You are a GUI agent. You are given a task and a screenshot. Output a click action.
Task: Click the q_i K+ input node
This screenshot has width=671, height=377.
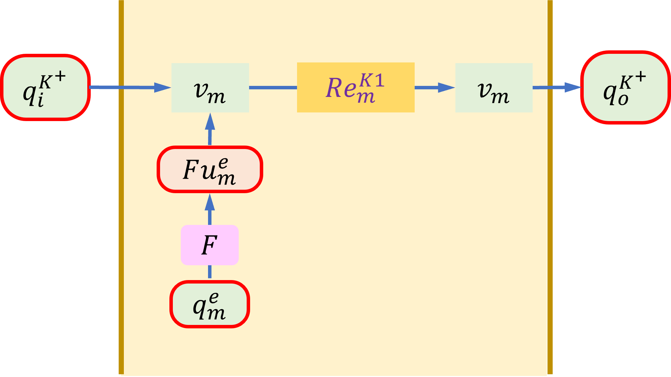[45, 87]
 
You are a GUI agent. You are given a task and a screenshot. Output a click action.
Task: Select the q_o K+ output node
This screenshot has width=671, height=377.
[625, 87]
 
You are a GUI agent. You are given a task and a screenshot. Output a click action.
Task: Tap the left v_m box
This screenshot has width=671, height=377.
[210, 88]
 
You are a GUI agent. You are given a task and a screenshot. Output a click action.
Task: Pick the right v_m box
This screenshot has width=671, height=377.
[494, 88]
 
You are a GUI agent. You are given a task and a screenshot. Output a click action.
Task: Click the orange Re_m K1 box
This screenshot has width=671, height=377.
[355, 87]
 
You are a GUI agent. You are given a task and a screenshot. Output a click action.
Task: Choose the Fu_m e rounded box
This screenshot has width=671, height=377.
[210, 169]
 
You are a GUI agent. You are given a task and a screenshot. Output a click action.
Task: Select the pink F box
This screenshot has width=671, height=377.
[209, 245]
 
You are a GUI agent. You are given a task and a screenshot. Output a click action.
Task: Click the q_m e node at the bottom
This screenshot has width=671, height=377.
[209, 304]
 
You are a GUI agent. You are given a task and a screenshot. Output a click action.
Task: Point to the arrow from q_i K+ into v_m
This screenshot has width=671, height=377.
[131, 87]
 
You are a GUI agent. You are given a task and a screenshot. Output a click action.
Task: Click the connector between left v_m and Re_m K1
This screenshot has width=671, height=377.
[273, 88]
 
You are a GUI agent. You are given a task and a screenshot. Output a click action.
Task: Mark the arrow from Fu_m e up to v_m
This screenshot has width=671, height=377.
[210, 129]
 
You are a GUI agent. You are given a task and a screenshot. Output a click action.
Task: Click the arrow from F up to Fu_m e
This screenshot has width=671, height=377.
[210, 209]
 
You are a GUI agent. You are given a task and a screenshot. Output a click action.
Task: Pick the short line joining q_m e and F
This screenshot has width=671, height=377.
[210, 272]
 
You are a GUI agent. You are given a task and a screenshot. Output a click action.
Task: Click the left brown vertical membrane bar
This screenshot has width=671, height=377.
[121, 186]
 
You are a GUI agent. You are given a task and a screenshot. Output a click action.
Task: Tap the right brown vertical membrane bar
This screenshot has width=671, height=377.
[550, 186]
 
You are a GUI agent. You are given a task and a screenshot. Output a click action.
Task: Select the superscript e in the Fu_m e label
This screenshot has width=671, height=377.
[223, 163]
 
